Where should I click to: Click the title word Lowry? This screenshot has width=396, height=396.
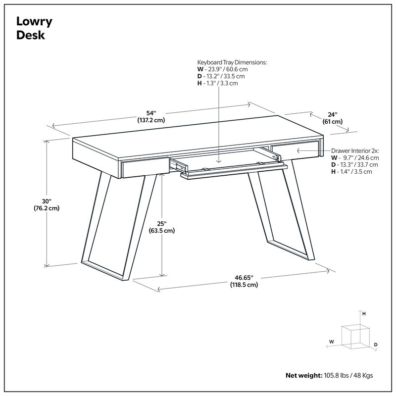coord(35,21)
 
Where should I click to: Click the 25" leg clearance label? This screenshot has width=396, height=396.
coord(162,223)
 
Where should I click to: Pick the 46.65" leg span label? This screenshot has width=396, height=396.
coord(244,278)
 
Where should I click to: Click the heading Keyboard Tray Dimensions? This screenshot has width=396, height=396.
coord(232,62)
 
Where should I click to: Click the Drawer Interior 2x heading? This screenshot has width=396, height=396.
coord(355,150)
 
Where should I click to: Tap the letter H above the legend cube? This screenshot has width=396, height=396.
coord(364,314)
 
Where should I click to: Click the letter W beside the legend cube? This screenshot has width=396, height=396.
coord(331,342)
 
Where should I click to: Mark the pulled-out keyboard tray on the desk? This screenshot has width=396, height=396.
coord(228,166)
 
